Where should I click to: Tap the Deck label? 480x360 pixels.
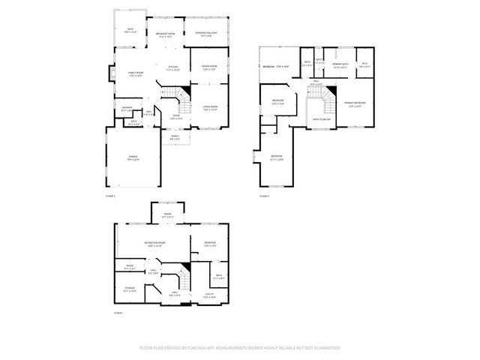[130, 31]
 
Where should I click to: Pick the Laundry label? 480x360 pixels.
[127, 109]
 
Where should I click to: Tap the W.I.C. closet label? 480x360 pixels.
[364, 64]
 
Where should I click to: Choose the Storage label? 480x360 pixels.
[129, 289]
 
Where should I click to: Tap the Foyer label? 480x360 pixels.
[176, 118]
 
